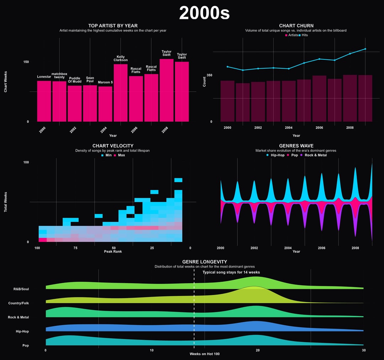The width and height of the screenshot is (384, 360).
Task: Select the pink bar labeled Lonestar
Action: tap(44, 101)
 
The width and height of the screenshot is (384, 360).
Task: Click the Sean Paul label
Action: tap(90, 80)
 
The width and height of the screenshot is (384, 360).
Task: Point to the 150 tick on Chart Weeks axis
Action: tap(26, 62)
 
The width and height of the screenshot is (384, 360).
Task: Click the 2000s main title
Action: tap(204, 13)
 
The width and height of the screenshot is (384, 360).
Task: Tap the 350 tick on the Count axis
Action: tap(209, 75)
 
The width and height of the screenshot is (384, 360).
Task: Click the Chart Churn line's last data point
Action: tap(365, 49)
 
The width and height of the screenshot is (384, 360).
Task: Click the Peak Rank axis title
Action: tap(113, 252)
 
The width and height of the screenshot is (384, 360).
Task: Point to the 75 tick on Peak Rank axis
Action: tap(75, 248)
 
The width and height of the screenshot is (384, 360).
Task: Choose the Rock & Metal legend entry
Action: tap(315, 155)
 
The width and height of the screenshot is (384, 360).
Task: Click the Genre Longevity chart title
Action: tap(204, 262)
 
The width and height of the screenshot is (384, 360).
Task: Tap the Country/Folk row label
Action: tap(18, 303)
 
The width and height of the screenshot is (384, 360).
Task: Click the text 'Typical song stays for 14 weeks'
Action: tap(231, 272)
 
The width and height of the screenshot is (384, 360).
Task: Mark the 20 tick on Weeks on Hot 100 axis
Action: tap(258, 350)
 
